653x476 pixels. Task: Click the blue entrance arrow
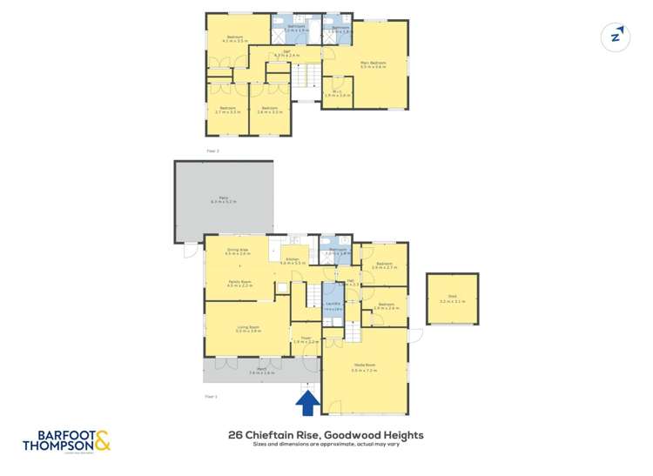(x=306, y=402)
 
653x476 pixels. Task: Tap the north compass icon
(x=616, y=37)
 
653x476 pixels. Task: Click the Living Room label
(x=249, y=328)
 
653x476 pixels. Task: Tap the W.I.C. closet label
(x=336, y=92)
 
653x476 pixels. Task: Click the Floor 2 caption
(x=212, y=151)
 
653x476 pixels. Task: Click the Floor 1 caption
(x=211, y=395)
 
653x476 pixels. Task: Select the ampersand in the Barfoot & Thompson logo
(x=102, y=440)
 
